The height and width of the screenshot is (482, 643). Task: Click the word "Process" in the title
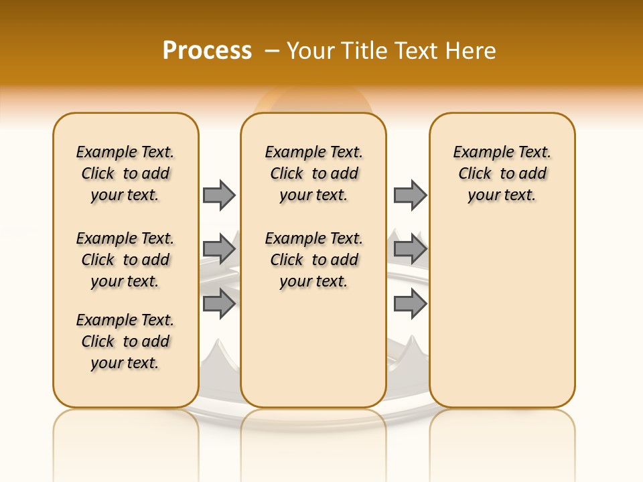[x=207, y=50]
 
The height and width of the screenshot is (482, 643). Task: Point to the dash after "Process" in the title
[x=272, y=52]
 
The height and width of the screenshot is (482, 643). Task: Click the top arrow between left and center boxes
[x=219, y=195]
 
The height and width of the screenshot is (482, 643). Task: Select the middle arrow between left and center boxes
[x=219, y=250]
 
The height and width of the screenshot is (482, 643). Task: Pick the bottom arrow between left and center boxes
[x=219, y=304]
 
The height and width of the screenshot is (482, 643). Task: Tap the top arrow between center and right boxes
[x=410, y=195]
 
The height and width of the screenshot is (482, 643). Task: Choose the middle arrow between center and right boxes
[x=410, y=250]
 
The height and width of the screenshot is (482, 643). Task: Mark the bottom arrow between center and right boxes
[x=410, y=304]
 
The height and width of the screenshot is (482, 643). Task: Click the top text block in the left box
[x=125, y=173]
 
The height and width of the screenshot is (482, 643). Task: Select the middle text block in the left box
[x=125, y=260]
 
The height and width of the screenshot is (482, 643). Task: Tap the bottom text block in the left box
[x=125, y=341]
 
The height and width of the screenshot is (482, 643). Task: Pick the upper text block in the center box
[x=313, y=173]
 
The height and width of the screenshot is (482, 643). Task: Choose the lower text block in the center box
[x=313, y=260]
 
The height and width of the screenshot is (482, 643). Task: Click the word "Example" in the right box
[x=478, y=153]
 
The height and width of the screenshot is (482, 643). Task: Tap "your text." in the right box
[x=502, y=195]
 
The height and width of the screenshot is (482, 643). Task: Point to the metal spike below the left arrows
[x=220, y=351]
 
